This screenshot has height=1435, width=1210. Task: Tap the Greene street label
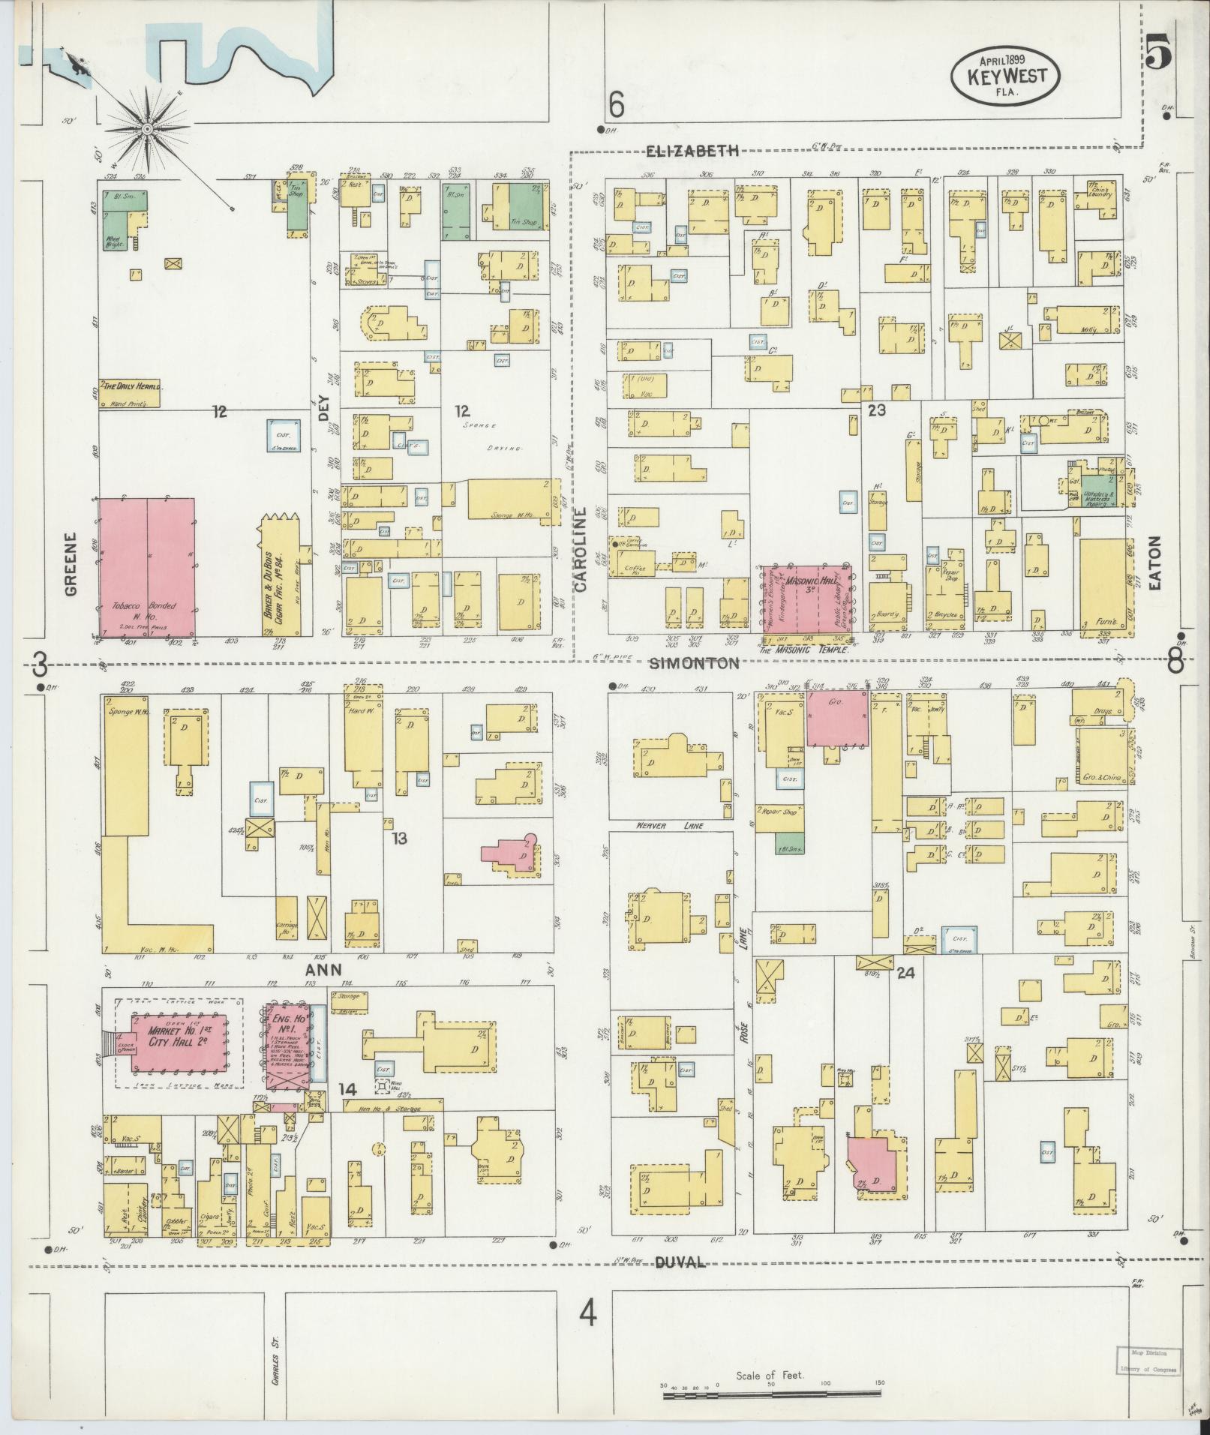(x=71, y=563)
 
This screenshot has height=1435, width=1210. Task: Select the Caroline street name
(x=580, y=550)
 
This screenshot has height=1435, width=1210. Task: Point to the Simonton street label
(x=694, y=663)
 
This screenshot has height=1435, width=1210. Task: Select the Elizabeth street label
(x=693, y=152)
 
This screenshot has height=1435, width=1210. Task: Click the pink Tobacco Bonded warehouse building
(x=147, y=568)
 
